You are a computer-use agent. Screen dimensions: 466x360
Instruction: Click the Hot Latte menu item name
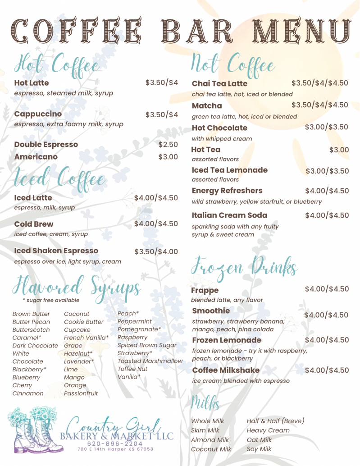click(x=32, y=83)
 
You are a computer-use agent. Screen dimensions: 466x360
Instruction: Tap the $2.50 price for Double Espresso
click(x=168, y=145)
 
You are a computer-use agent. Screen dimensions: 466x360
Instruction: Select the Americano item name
click(x=36, y=157)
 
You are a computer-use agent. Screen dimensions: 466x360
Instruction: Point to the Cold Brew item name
click(x=34, y=224)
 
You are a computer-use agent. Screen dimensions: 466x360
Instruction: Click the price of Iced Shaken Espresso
click(x=156, y=251)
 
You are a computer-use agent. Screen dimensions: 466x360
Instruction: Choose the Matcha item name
click(x=207, y=106)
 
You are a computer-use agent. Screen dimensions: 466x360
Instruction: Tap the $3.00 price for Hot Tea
click(x=339, y=150)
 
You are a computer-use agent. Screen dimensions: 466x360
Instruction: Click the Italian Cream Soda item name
click(x=229, y=215)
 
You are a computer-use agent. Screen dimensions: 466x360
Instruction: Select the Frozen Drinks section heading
click(x=244, y=267)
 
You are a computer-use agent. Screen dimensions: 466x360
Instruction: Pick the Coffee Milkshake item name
click(x=226, y=370)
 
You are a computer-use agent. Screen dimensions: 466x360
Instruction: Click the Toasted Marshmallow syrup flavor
click(x=150, y=361)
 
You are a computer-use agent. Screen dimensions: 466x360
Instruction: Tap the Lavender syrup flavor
click(x=79, y=361)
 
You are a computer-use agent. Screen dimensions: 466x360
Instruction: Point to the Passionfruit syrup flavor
click(x=81, y=393)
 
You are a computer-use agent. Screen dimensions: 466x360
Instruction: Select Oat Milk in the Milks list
click(x=259, y=440)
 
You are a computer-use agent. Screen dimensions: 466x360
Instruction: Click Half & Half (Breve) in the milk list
click(x=275, y=421)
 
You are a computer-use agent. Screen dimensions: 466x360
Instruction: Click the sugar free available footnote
click(x=50, y=300)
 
